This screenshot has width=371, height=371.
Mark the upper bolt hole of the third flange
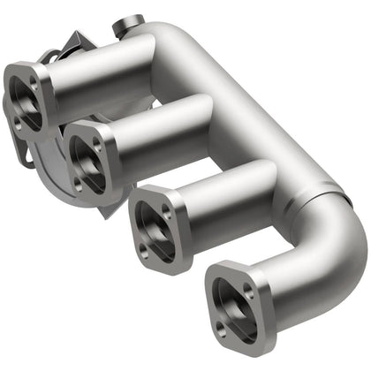point(165,210)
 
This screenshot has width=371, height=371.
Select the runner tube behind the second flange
point(159,128)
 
